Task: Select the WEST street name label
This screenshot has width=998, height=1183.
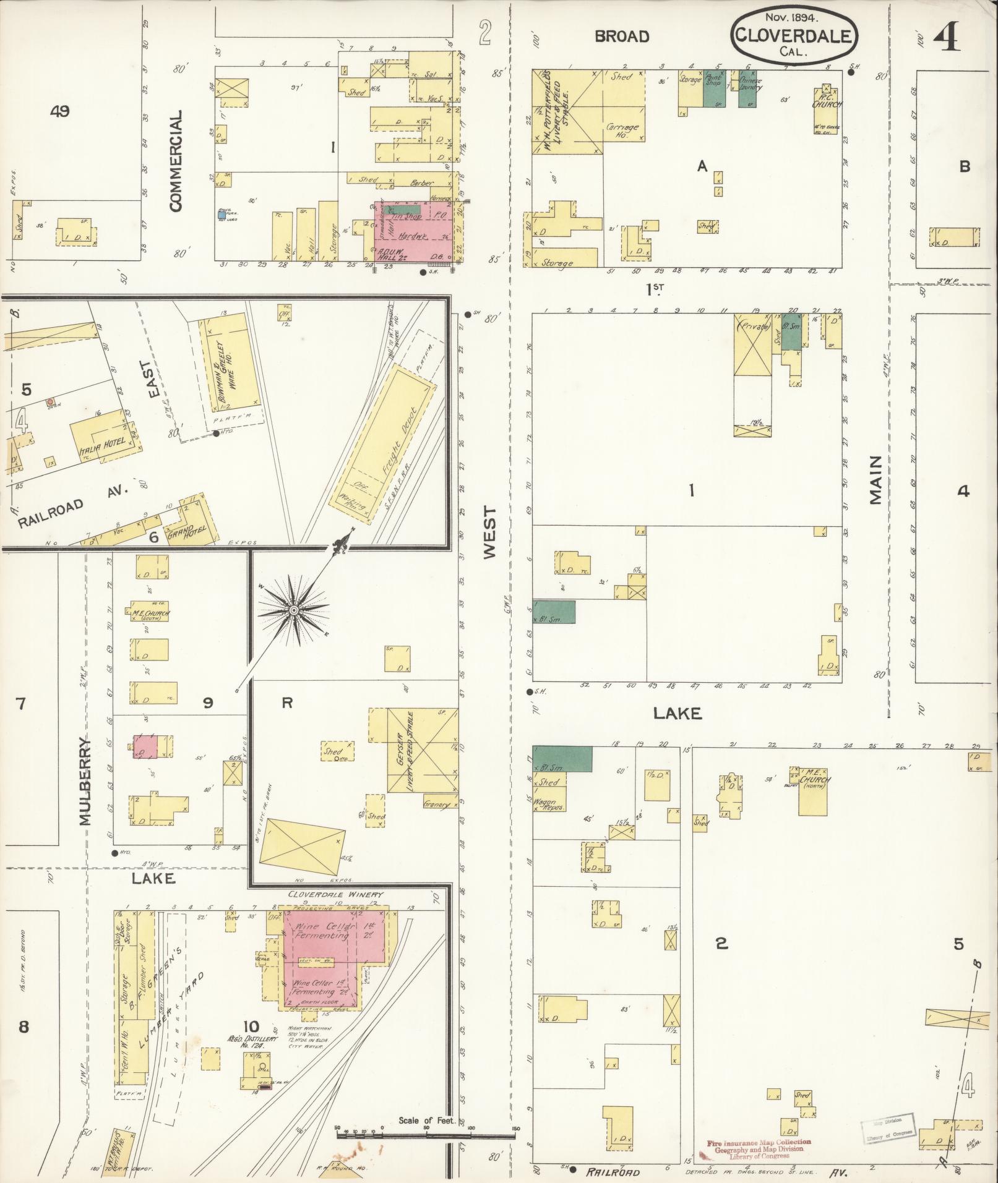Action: point(490,533)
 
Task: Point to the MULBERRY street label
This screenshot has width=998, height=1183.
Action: point(85,782)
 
